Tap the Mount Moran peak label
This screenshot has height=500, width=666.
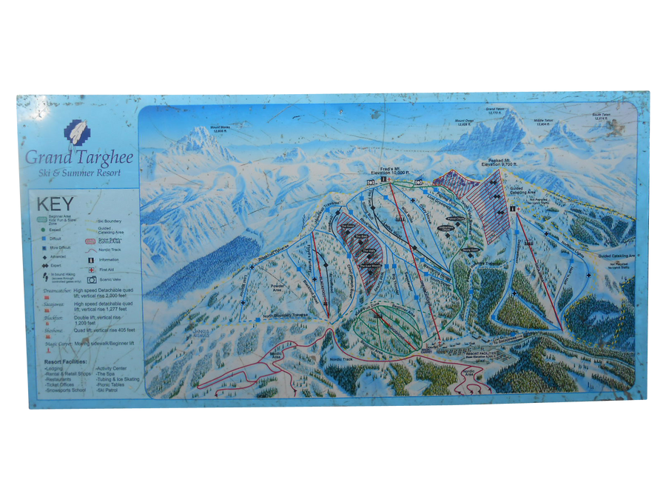point(221,128)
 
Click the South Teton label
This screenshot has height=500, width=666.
point(601,116)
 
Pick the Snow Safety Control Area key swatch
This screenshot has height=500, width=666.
point(93,240)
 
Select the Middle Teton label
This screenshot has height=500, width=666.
point(542,121)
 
